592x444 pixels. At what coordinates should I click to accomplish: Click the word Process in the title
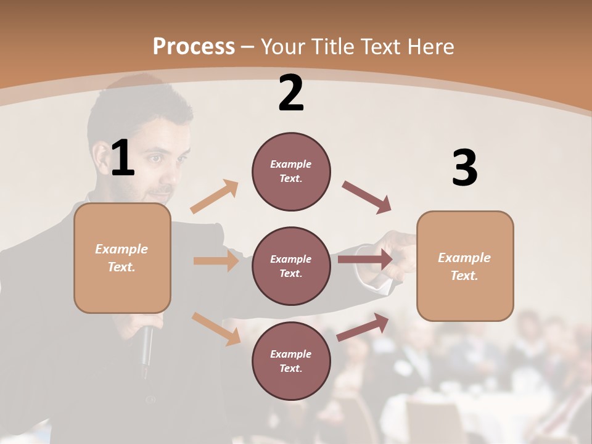tap(194, 47)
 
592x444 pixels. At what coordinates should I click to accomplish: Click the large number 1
tap(123, 158)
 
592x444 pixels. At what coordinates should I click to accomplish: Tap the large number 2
tap(291, 94)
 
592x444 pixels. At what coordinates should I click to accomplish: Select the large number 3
tap(465, 168)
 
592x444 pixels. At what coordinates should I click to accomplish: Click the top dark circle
tap(291, 171)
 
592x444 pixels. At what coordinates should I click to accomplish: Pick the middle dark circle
tap(291, 266)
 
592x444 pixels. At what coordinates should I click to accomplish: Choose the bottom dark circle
tap(291, 361)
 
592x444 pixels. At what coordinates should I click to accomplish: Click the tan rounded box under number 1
tap(122, 258)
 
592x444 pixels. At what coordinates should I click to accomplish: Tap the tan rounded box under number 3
tap(465, 266)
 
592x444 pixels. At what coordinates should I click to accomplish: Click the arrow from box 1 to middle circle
tap(216, 261)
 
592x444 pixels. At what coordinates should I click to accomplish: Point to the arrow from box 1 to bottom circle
tap(216, 328)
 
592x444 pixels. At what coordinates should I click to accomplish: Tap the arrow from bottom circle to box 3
tap(363, 327)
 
